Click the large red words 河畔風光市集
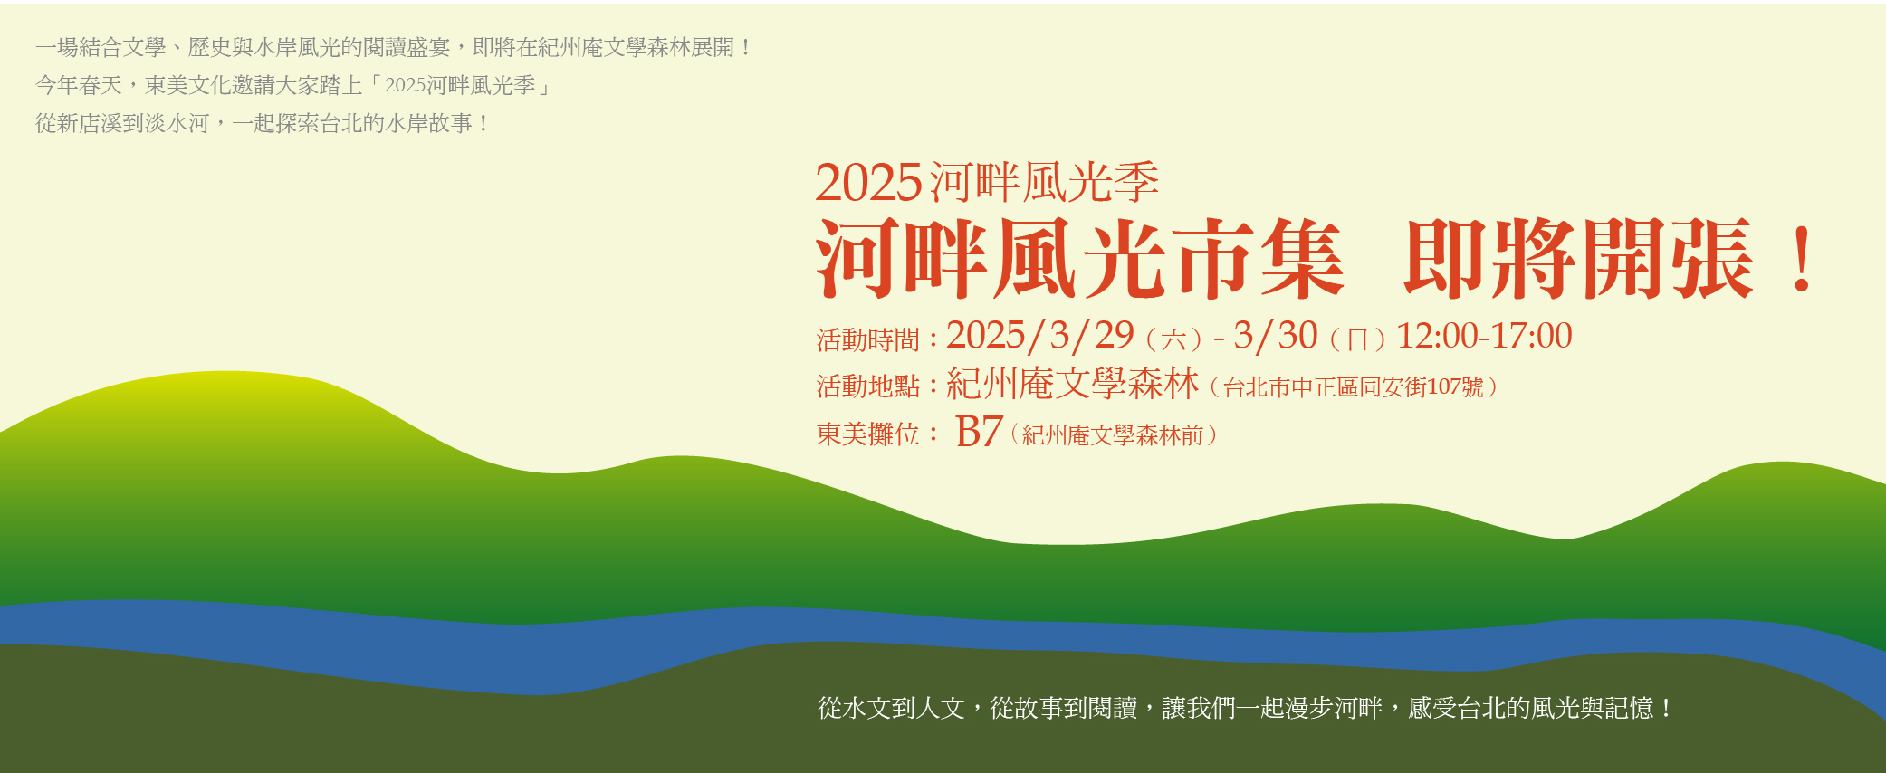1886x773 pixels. click(x=1079, y=259)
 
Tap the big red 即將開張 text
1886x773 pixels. click(x=1578, y=259)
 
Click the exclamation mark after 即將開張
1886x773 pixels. click(x=1802, y=259)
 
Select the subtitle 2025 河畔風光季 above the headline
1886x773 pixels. click(x=987, y=183)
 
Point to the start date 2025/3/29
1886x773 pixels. click(x=1040, y=336)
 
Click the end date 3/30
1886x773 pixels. click(x=1276, y=336)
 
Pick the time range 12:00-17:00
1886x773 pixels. click(x=1485, y=336)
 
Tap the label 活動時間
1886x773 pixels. click(x=868, y=339)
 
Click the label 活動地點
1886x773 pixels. click(x=868, y=386)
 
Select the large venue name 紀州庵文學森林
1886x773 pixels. click(x=1073, y=384)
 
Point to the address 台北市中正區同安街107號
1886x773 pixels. click(x=1354, y=387)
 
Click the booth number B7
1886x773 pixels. click(x=979, y=432)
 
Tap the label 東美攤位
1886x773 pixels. click(x=868, y=434)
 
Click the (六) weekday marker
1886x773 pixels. click(x=1173, y=339)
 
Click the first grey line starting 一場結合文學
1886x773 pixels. click(x=394, y=47)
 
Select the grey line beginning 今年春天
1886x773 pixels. click(x=292, y=85)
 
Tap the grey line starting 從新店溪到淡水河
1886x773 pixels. click(x=263, y=123)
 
